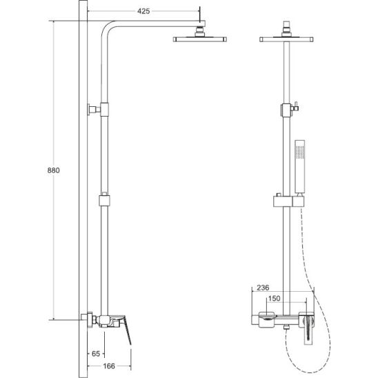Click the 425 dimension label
pyautogui.click(x=143, y=11)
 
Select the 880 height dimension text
pyautogui.click(x=53, y=170)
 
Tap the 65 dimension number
pyautogui.click(x=96, y=354)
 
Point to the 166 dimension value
pyautogui.click(x=109, y=366)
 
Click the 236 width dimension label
pyautogui.click(x=263, y=288)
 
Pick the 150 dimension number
pyautogui.click(x=274, y=299)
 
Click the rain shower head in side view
pyautogui.click(x=199, y=39)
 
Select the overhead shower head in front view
pyautogui.click(x=286, y=39)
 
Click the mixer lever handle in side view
pyautogui.click(x=126, y=329)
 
